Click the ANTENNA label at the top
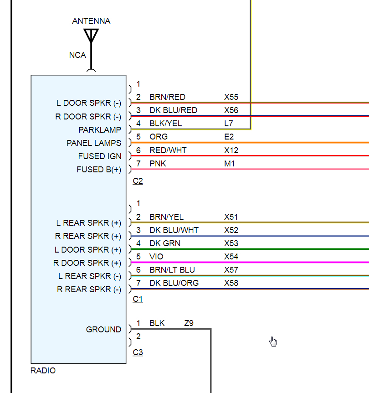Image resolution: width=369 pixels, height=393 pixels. (x=91, y=21)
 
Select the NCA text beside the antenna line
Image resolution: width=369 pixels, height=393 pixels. (x=77, y=55)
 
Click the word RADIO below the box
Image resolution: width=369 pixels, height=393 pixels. (x=43, y=371)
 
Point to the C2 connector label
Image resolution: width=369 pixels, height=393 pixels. (x=138, y=181)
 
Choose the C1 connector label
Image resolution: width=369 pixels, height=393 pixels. (x=138, y=299)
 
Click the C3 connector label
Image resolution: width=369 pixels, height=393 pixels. (x=138, y=352)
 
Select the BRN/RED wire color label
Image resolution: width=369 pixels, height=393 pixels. (x=167, y=97)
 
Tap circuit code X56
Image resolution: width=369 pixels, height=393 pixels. (x=231, y=110)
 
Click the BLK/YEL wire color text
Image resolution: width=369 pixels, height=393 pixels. (x=166, y=124)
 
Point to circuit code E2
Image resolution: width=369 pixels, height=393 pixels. (x=229, y=137)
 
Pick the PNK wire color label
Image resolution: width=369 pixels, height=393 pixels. (x=158, y=164)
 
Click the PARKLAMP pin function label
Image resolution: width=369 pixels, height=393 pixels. (x=100, y=130)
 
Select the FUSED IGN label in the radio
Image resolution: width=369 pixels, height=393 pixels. (x=100, y=156)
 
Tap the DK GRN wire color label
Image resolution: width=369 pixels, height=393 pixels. (x=164, y=243)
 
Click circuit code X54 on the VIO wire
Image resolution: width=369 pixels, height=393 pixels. (x=231, y=257)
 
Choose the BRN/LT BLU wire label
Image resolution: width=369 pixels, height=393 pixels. (x=171, y=270)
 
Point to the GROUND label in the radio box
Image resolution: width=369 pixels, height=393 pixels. (x=103, y=330)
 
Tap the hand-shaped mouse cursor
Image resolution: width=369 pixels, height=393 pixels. (x=273, y=341)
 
